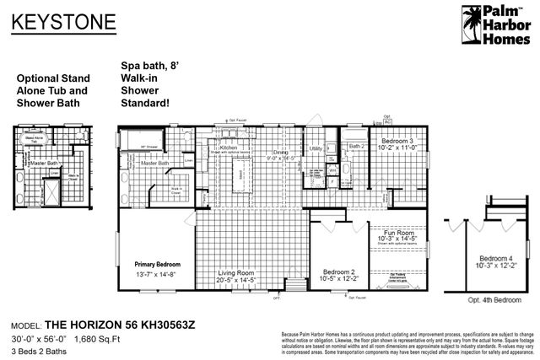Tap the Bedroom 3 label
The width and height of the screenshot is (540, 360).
coord(397,139)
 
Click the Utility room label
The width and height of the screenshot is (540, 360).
coord(316,148)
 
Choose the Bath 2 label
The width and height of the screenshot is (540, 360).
coord(358,146)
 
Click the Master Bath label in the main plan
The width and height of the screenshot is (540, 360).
coord(155,163)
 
